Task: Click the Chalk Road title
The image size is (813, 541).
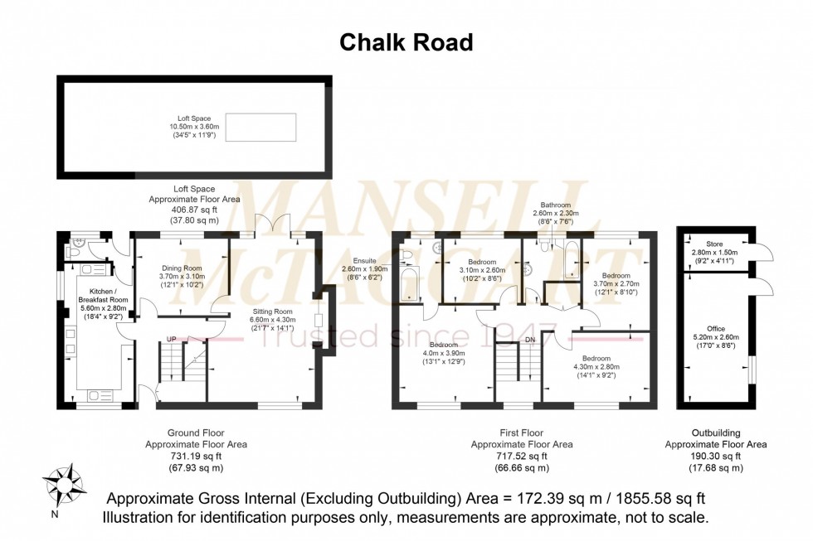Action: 406,42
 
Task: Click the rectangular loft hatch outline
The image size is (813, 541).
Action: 260,127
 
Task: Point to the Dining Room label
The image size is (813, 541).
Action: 181,268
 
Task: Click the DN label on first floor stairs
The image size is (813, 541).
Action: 531,340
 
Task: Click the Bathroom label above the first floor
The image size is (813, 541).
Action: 556,205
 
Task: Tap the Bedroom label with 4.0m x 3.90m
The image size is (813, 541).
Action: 444,345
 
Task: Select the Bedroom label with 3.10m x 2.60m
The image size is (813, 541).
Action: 481,262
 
